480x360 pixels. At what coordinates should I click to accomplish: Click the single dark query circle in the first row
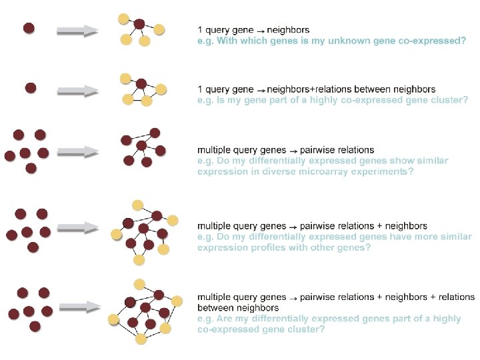pyautogui.click(x=29, y=28)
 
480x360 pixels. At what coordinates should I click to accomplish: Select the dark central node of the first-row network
pyautogui.click(x=139, y=24)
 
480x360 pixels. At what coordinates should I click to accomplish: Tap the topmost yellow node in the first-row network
pyautogui.click(x=123, y=18)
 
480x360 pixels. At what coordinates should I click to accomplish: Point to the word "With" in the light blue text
pyautogui.click(x=229, y=41)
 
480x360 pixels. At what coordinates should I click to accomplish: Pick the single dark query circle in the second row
pyautogui.click(x=31, y=87)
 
